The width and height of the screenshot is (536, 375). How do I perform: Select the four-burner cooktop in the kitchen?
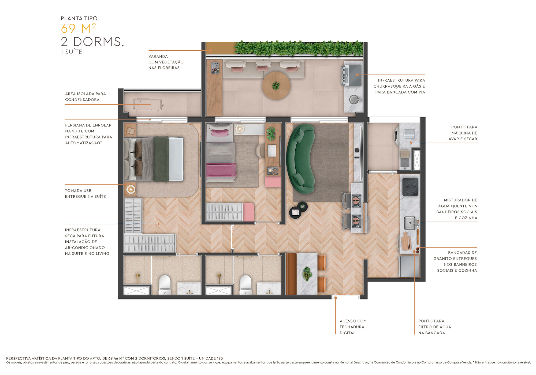410,187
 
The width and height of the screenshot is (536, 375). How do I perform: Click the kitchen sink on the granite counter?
410,223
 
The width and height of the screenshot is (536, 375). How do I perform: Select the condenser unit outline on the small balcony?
147,104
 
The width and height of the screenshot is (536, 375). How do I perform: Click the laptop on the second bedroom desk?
271,151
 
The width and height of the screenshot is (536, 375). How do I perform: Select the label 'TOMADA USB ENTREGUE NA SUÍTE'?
85,193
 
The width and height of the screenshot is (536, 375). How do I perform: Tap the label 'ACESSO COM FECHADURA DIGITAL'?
353,327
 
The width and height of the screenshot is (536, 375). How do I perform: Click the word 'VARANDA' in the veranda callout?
158,57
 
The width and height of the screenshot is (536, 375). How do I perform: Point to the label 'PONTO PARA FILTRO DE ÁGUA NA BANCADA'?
434,327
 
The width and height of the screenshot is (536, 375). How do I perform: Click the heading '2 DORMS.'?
92,42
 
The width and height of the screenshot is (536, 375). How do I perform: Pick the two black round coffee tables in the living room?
298,210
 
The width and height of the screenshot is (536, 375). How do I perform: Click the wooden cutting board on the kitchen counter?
406,242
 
